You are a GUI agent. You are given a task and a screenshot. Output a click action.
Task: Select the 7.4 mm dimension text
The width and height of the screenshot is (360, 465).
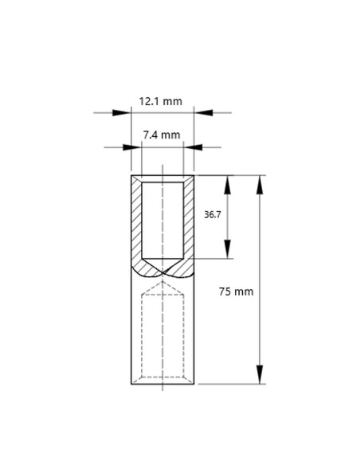[x=162, y=135]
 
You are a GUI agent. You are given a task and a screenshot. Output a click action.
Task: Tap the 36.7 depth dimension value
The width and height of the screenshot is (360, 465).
[x=213, y=215]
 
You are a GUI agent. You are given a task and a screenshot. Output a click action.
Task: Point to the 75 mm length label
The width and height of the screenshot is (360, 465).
[x=236, y=291]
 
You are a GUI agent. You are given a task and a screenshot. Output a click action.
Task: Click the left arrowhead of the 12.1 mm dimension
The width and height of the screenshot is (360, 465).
[x=126, y=112]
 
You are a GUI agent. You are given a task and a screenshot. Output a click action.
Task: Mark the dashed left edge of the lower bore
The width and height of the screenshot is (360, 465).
[x=142, y=334]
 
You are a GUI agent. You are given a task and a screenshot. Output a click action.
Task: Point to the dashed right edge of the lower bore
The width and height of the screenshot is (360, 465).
[x=185, y=334]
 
